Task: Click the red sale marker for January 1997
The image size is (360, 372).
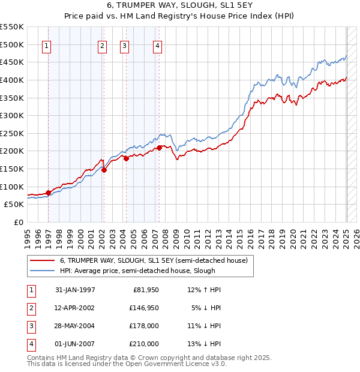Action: pyautogui.click(x=48, y=193)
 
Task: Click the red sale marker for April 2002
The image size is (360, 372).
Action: pyautogui.click(x=104, y=170)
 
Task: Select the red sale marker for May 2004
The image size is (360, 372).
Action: pyautogui.click(x=126, y=158)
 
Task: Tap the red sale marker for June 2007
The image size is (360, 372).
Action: pyautogui.click(x=159, y=148)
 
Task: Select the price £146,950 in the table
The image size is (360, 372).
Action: pyautogui.click(x=144, y=308)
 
